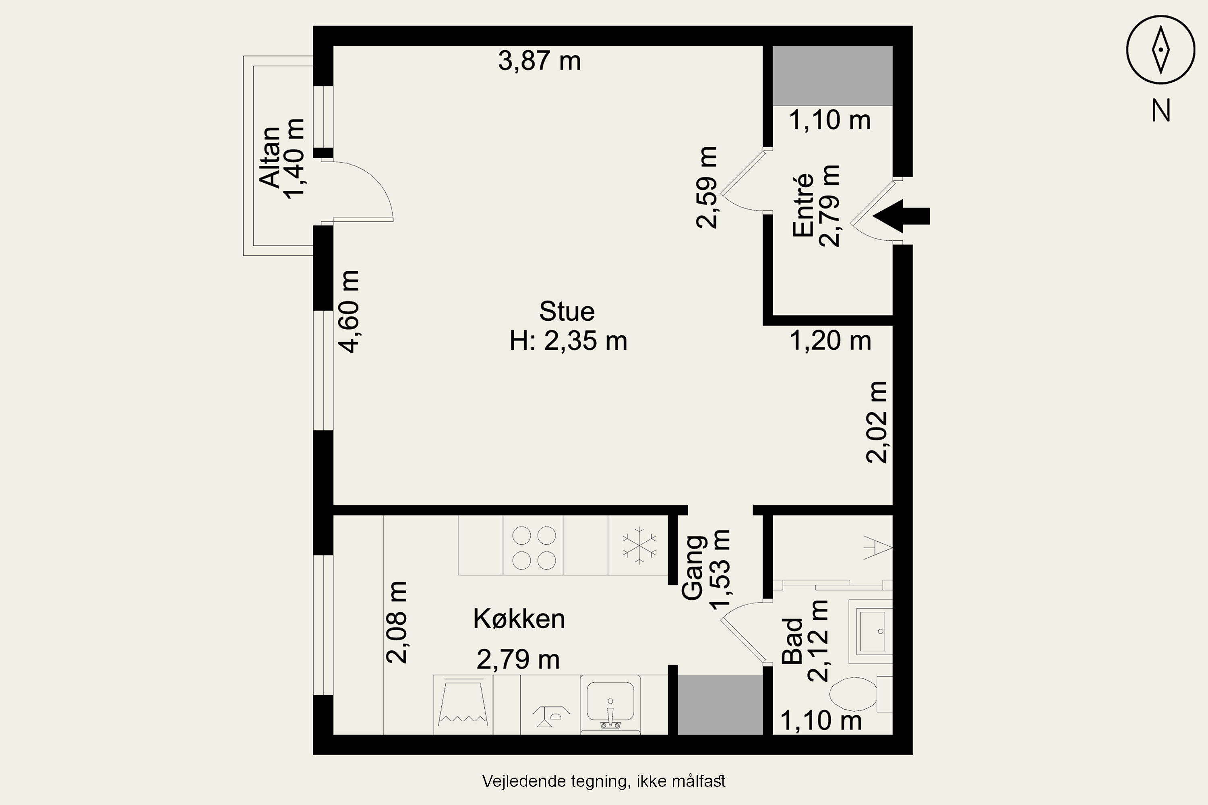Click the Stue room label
coord(567,311)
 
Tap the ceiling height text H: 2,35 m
coord(568,341)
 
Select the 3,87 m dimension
coord(539,61)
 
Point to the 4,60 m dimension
coord(349,312)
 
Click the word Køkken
coord(519,619)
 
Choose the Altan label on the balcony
coord(270,157)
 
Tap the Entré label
coord(803,205)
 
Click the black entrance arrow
coord(901,216)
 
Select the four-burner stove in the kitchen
coord(533,545)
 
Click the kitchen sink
coord(610,704)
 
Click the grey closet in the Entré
coord(833,76)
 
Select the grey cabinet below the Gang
coord(720,704)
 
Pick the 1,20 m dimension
coord(830,341)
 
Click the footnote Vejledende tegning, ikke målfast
coord(604,781)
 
